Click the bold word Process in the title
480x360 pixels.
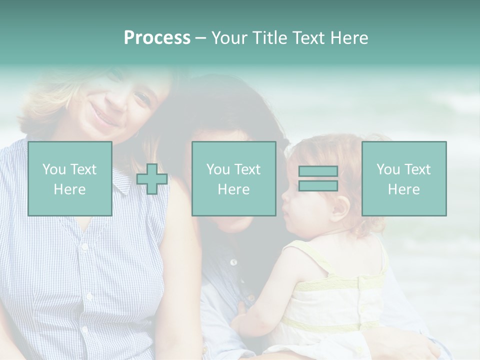[157, 37]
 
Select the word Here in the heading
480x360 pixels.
[348, 37]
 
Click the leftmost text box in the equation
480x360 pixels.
[70, 178]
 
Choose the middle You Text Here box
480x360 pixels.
[234, 178]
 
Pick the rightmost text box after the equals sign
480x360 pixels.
[404, 178]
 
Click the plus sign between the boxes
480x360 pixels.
[152, 179]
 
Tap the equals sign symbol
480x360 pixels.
[318, 178]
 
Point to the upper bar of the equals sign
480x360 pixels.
[318, 171]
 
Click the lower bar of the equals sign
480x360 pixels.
[318, 185]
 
